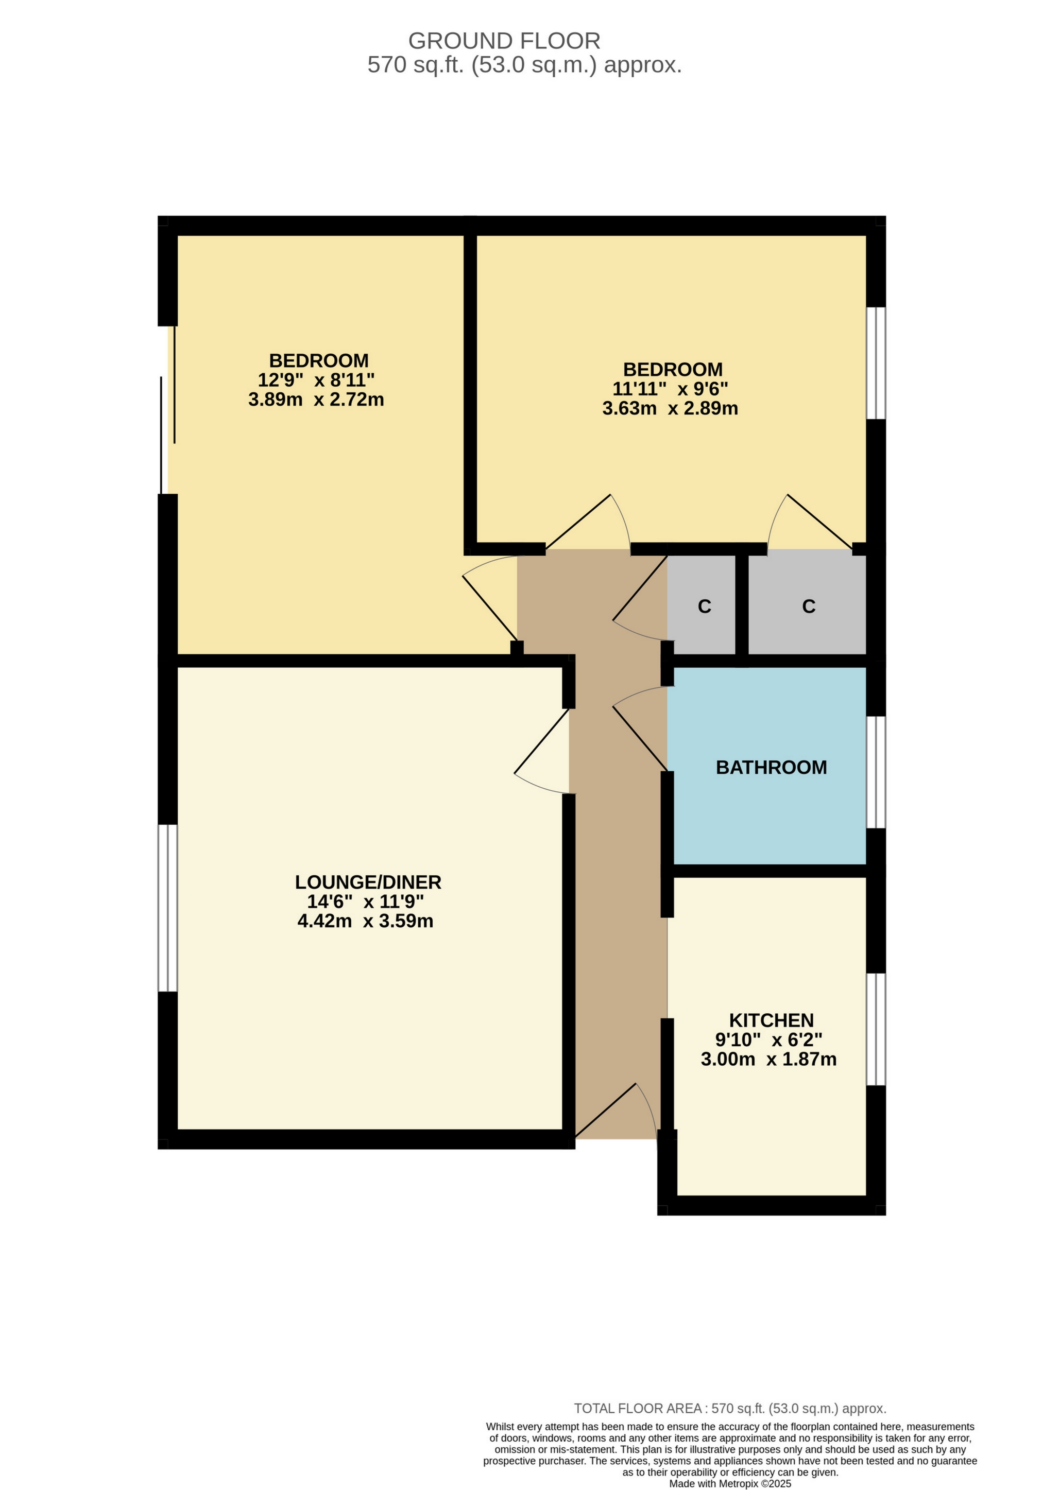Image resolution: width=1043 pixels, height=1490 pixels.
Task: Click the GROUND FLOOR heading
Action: pyautogui.click(x=504, y=41)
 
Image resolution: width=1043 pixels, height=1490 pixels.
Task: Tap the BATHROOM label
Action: pyautogui.click(x=771, y=767)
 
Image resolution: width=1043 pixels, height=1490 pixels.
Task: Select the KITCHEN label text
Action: pyautogui.click(x=771, y=1020)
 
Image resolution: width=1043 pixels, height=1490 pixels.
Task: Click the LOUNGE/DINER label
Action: pyautogui.click(x=368, y=882)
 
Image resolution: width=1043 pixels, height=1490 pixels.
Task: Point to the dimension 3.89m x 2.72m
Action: pyautogui.click(x=316, y=399)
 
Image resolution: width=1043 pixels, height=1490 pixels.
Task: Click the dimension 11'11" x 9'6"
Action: pyautogui.click(x=671, y=389)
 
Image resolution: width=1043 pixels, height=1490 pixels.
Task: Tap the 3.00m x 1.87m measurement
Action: pyautogui.click(x=768, y=1059)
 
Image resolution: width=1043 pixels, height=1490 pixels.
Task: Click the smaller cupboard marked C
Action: pyautogui.click(x=704, y=606)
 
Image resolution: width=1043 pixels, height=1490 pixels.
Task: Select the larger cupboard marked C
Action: pyautogui.click(x=809, y=606)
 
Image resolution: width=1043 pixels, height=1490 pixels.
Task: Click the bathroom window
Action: pyautogui.click(x=876, y=772)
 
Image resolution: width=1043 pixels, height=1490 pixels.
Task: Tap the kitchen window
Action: pyautogui.click(x=876, y=1029)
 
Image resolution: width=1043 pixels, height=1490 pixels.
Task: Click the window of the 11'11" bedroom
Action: pyautogui.click(x=876, y=363)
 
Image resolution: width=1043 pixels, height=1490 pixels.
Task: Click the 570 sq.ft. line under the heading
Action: pyautogui.click(x=524, y=65)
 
